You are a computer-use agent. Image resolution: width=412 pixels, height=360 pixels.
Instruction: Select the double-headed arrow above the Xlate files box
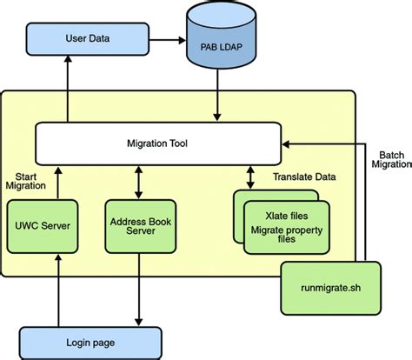pyautogui.click(x=250, y=178)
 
